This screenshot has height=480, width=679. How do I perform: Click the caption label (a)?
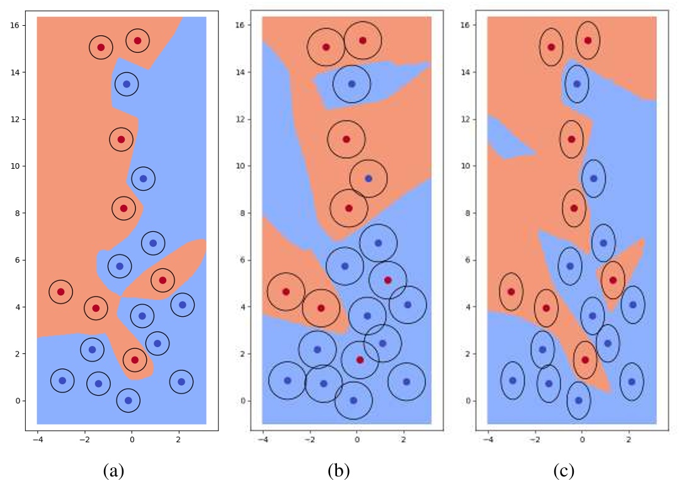[114, 470]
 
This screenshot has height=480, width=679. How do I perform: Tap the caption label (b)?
[339, 470]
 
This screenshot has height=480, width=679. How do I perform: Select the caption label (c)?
[564, 470]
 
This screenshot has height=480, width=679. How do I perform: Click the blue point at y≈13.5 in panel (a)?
[127, 84]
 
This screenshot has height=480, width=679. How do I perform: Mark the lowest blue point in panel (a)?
[128, 400]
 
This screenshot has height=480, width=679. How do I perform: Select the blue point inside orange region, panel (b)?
[368, 179]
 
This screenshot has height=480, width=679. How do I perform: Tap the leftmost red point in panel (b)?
[286, 292]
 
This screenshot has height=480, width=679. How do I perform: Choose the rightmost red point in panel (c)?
[613, 280]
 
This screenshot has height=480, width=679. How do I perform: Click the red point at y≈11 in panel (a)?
[121, 139]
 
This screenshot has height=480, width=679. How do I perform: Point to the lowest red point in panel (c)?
[585, 360]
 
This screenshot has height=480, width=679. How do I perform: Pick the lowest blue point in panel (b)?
[353, 400]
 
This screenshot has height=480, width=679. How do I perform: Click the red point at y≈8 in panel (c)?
[574, 208]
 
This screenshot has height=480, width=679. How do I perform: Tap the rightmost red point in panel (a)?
[163, 280]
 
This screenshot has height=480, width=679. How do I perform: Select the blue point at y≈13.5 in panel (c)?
[577, 84]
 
